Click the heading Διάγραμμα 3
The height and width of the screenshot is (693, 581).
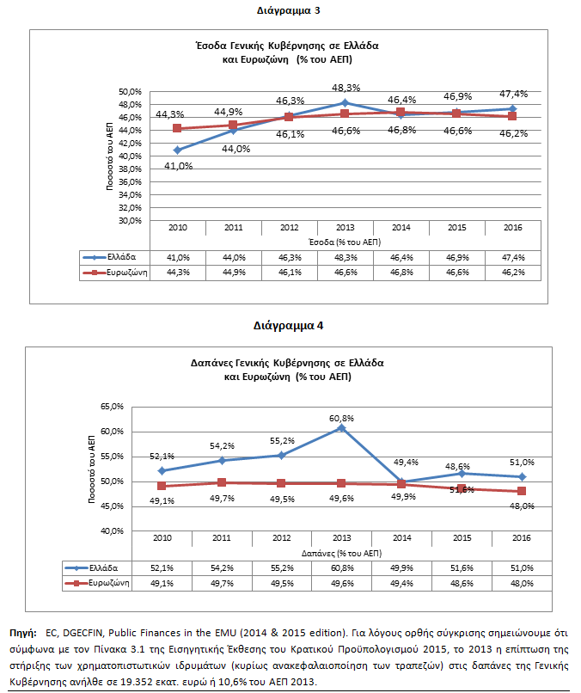(289, 11)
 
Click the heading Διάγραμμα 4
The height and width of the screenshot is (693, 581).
(289, 326)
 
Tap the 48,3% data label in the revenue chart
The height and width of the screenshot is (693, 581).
(346, 88)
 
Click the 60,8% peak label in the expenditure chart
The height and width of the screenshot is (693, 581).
(341, 418)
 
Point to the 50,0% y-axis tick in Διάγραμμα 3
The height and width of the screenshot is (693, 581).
(129, 91)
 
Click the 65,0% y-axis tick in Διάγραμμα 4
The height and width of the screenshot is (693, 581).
(113, 406)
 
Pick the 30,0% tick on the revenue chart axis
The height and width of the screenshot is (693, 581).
(129, 220)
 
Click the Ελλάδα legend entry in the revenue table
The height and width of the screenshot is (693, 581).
(113, 257)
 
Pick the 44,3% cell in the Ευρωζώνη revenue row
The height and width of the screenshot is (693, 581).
(177, 272)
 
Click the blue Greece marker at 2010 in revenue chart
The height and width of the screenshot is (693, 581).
(177, 150)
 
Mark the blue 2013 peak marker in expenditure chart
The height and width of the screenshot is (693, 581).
(341, 427)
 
